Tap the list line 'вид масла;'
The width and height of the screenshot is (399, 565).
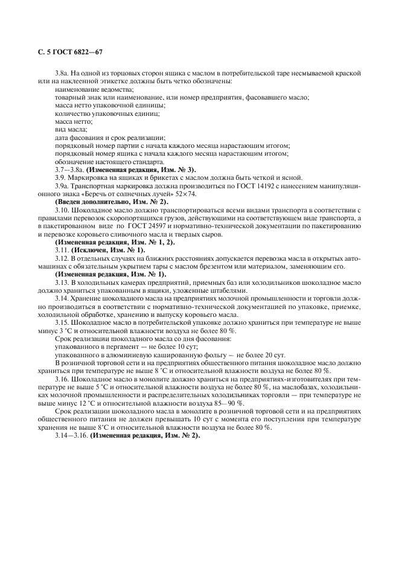[71, 129]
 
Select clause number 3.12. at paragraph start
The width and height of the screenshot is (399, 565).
[62, 257]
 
